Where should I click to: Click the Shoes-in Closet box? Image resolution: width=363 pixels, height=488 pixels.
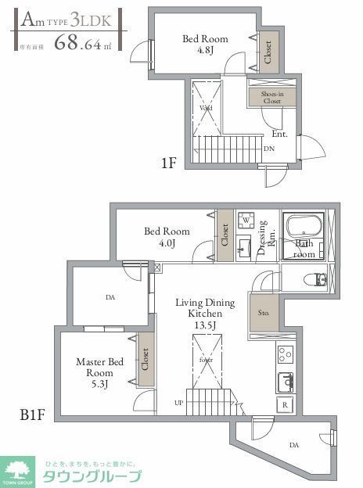[271, 96]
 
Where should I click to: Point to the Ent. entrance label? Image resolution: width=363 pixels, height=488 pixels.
[279, 134]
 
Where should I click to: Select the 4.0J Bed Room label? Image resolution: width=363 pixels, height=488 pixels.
[167, 237]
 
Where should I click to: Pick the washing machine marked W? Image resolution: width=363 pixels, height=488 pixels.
[245, 220]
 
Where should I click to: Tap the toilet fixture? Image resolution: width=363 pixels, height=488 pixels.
[319, 279]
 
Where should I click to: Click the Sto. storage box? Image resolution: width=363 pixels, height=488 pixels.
[264, 314]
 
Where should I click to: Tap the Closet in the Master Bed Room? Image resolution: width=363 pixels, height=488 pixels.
[145, 360]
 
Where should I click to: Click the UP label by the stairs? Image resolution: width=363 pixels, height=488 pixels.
[179, 404]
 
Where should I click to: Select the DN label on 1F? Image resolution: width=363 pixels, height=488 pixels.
[269, 149]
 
